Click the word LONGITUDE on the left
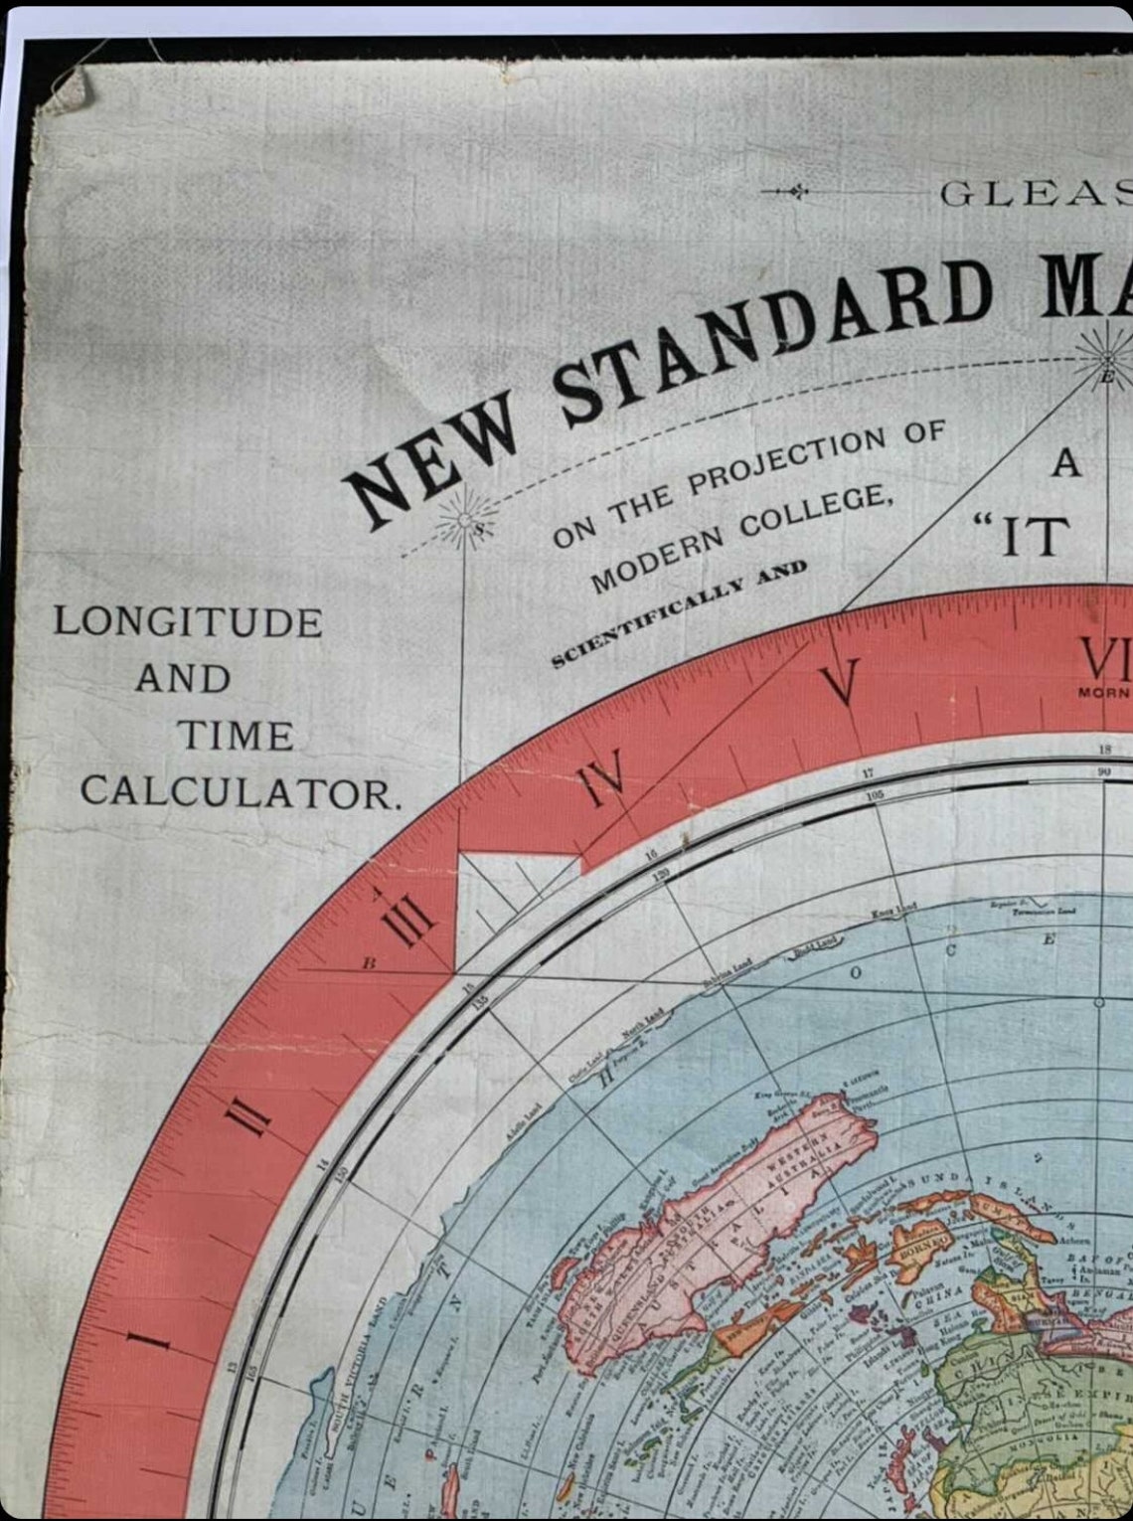click(x=188, y=622)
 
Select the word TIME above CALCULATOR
click(x=235, y=737)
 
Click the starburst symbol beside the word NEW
click(x=464, y=521)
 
